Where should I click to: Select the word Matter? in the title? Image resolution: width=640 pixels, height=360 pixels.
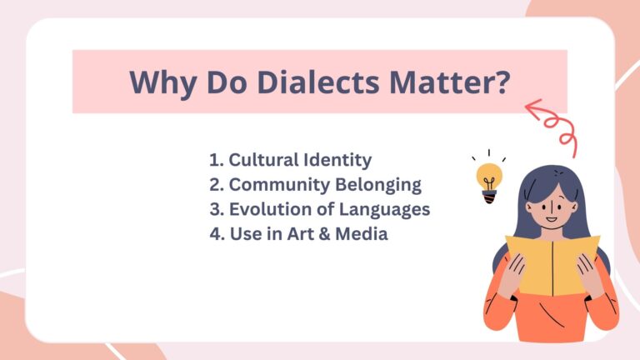(x=457, y=82)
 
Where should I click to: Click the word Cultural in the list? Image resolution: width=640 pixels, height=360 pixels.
(x=262, y=159)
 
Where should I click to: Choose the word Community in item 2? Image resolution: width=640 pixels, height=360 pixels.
(x=279, y=184)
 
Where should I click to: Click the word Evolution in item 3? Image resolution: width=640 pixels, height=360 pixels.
(x=269, y=209)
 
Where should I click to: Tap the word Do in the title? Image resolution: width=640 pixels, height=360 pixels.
(x=221, y=82)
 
